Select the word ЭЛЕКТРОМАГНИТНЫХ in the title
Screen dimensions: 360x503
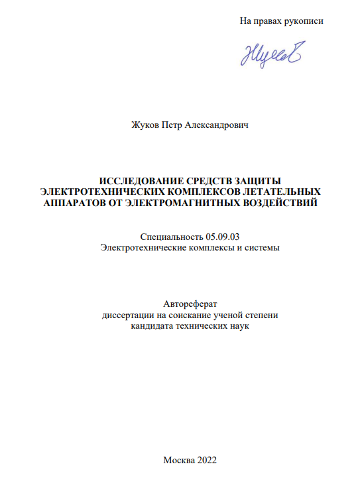(x=182, y=202)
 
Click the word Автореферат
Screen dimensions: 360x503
(x=190, y=304)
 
